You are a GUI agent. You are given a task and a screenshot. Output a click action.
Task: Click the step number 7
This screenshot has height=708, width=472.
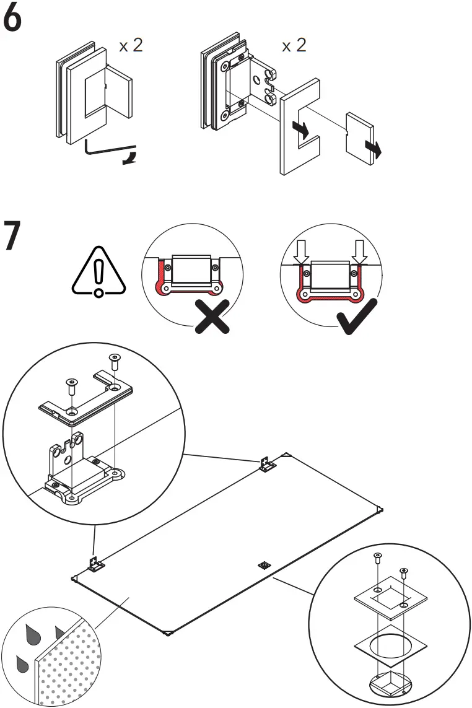tap(13, 235)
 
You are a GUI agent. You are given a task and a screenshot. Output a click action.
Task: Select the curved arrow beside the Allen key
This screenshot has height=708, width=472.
tap(131, 156)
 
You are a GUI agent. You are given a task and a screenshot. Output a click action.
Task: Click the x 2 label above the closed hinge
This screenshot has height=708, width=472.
tap(131, 45)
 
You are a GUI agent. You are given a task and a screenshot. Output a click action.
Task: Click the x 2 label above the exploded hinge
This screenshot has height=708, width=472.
tap(294, 45)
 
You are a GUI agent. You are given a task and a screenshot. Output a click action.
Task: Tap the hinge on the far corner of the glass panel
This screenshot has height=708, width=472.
tap(268, 465)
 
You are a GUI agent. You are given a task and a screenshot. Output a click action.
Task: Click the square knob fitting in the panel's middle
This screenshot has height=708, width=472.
tap(264, 565)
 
